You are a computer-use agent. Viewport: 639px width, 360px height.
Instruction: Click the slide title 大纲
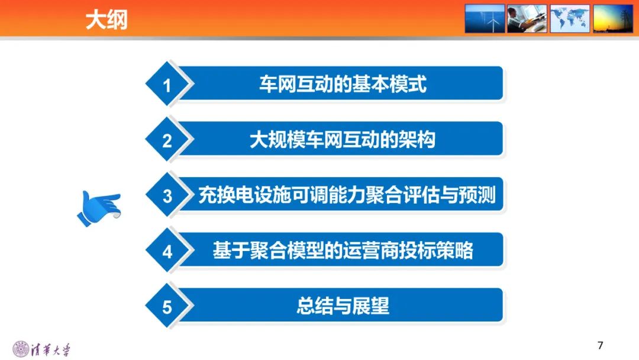(106, 20)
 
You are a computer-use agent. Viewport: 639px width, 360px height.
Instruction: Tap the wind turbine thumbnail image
(485, 18)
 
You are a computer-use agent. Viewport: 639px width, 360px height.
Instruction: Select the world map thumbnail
(570, 18)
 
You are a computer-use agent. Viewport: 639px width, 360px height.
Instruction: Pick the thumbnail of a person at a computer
(527, 18)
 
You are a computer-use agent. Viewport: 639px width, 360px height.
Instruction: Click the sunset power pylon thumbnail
(613, 18)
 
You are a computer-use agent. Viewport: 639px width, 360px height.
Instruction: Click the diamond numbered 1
(167, 86)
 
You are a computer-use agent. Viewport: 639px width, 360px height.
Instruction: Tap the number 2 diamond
(167, 141)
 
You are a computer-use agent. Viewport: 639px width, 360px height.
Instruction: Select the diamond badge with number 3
(167, 196)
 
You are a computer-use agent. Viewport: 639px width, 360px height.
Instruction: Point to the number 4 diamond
(167, 252)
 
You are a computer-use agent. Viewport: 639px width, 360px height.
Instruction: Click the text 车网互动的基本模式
(343, 84)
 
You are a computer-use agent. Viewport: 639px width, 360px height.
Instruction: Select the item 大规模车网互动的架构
(343, 140)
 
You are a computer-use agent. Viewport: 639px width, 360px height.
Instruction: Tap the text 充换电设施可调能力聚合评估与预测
(347, 195)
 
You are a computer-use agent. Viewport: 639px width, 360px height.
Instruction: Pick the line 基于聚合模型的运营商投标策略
(343, 251)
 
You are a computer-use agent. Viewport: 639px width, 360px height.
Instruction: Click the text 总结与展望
(343, 306)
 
